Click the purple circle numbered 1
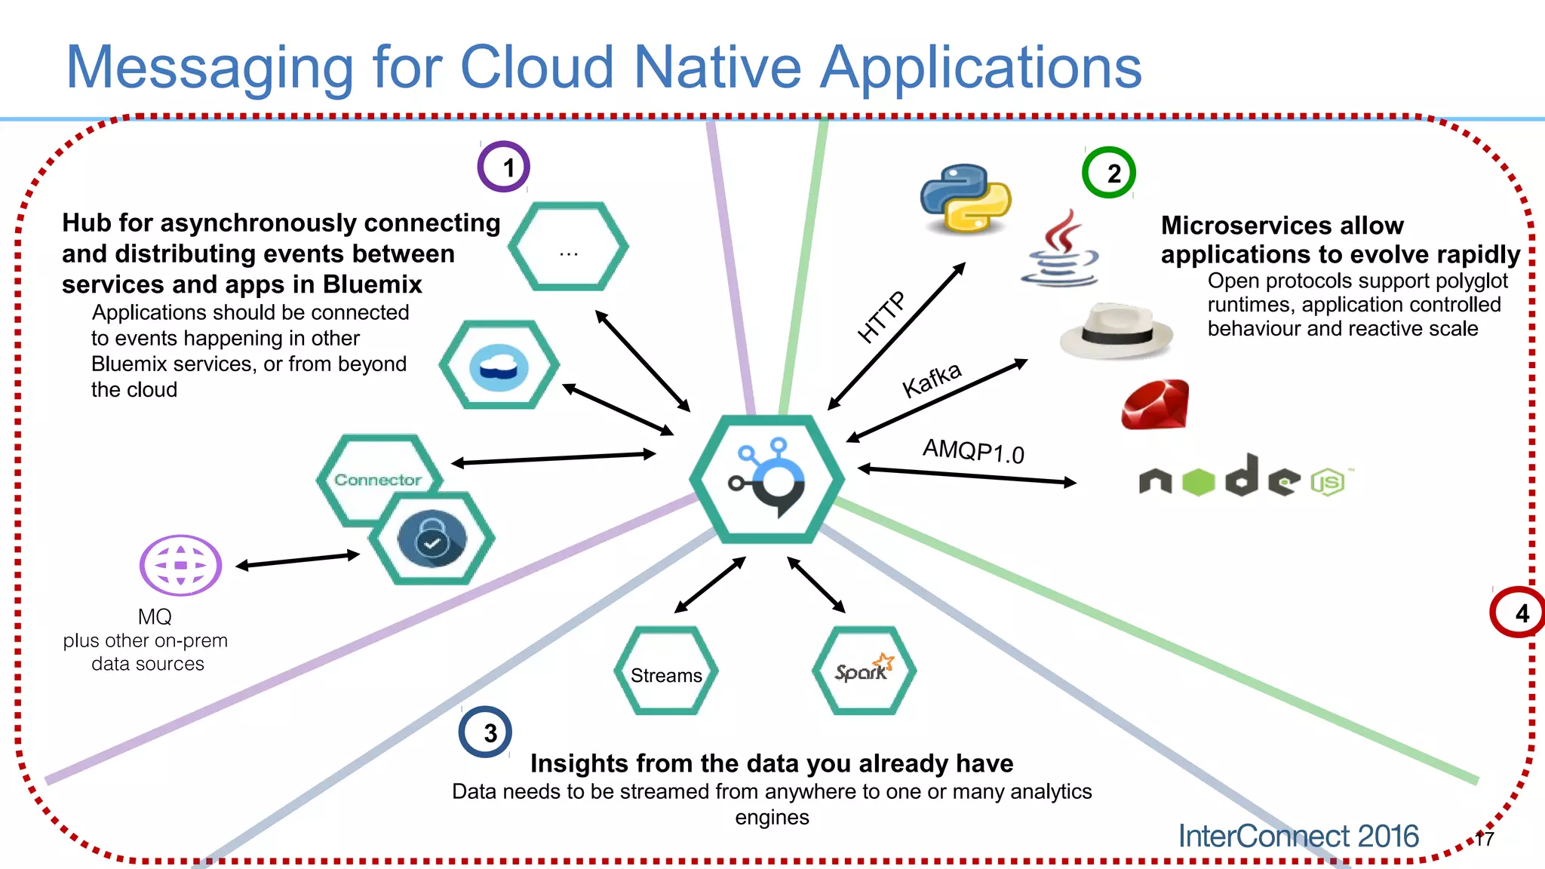504,167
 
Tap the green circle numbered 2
1109,173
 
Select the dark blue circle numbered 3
485,732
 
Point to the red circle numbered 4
1516,613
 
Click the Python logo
966,198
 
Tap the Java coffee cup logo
1060,250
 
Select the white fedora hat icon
1117,331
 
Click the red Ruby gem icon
1155,405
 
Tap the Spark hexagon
865,671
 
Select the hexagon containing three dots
568,247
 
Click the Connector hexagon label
377,480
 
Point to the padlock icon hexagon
432,539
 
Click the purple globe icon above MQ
181,565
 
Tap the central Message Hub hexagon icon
766,479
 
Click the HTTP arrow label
881,318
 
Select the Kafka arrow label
932,379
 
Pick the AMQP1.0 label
973,451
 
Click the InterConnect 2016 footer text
1298,836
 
